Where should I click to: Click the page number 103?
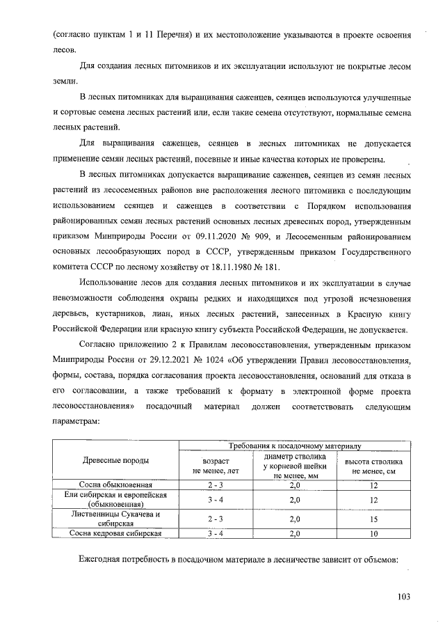click(x=404, y=596)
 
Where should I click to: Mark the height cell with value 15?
click(x=373, y=519)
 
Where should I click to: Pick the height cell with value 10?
click(x=373, y=533)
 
